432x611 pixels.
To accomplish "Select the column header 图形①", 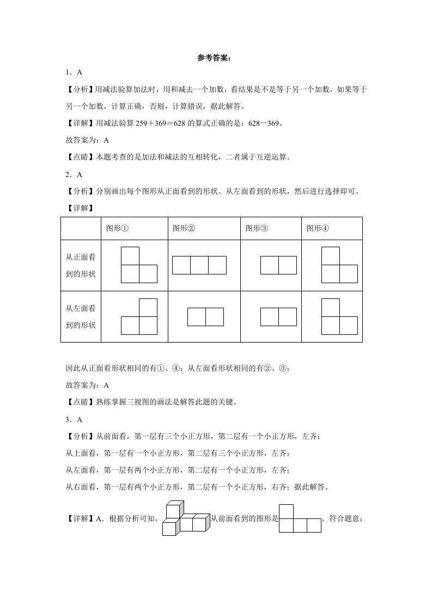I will point(117,228).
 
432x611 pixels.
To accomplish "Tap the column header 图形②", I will point(184,228).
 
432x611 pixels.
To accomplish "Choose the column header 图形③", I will point(257,228).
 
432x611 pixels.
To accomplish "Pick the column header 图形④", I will point(318,228).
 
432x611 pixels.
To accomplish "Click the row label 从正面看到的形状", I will point(81,265).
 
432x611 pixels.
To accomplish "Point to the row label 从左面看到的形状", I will point(81,316).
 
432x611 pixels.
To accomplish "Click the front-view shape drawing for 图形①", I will point(139,265).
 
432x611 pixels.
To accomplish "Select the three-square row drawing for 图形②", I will point(199,265).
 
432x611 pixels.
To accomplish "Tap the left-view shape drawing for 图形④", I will point(339,316).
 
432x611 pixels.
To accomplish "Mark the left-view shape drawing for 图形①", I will point(139,316).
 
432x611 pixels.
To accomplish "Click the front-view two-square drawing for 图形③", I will point(278,265).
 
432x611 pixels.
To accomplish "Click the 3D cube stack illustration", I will point(185,518).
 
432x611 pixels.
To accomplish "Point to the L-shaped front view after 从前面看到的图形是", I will point(300,518).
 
